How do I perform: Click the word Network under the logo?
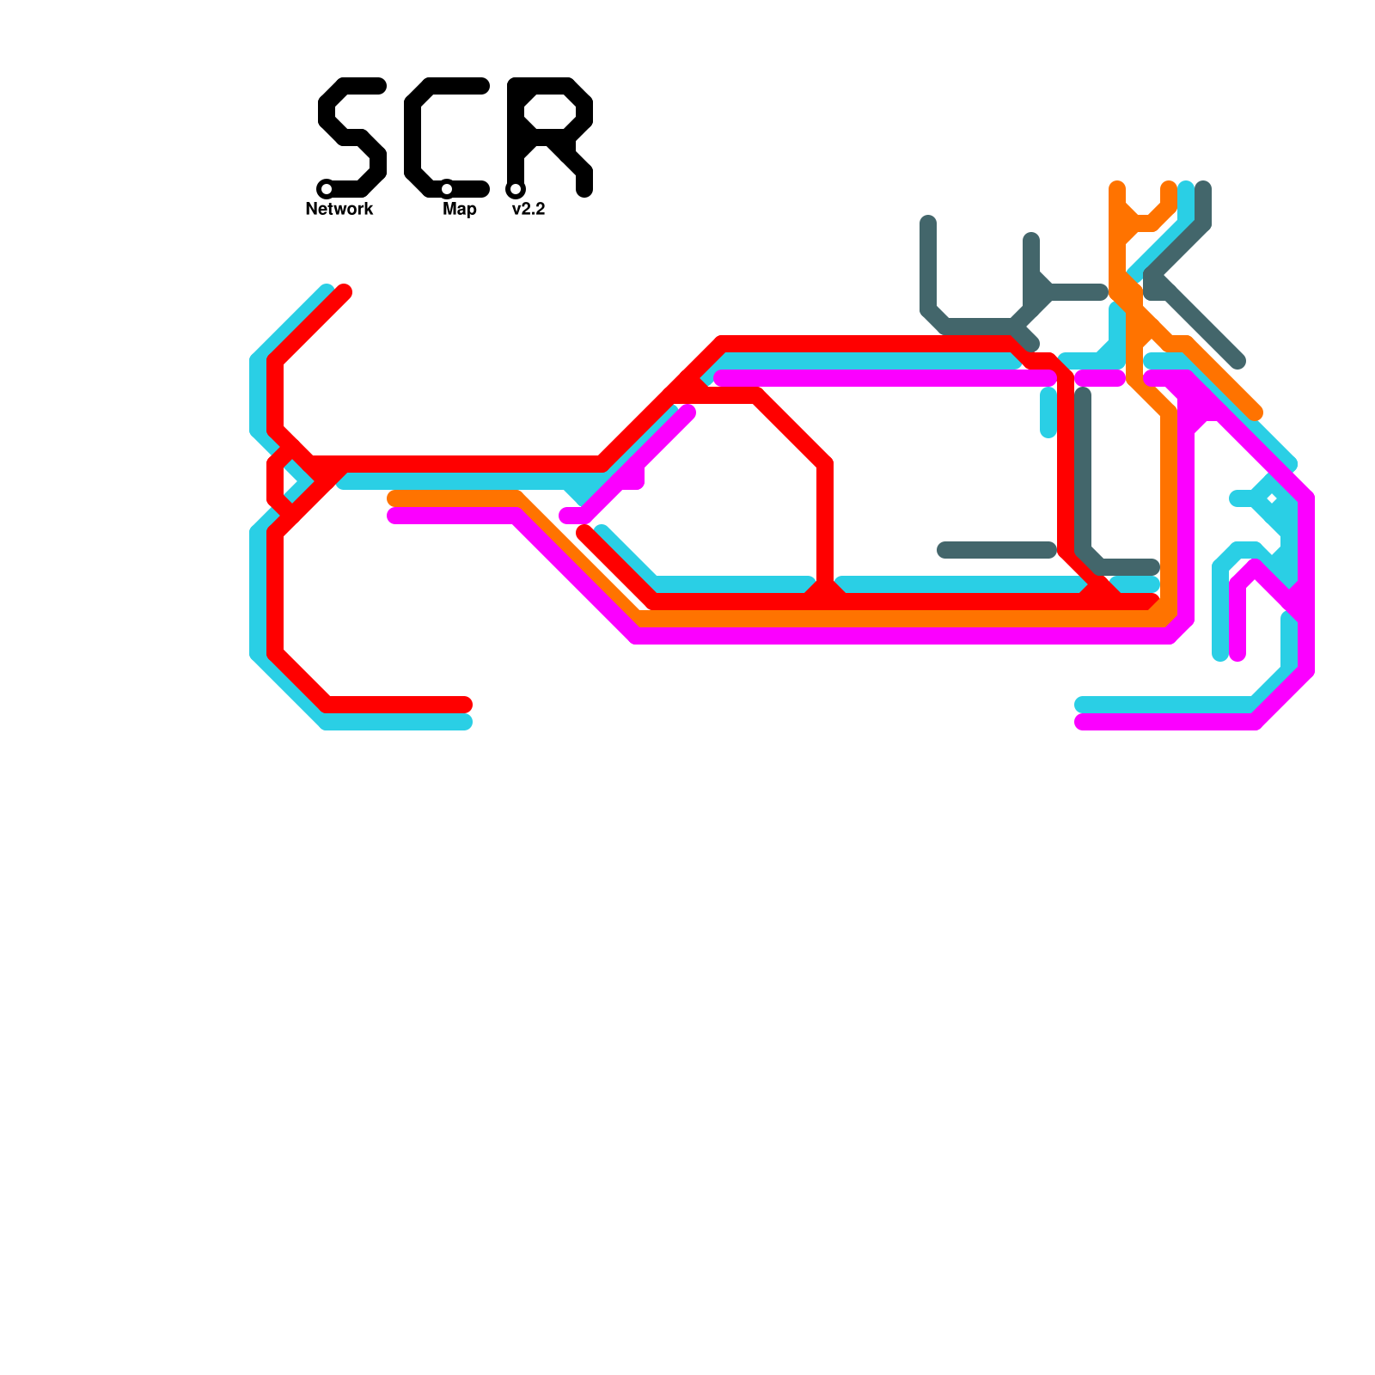pos(339,209)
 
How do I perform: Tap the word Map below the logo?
pos(460,209)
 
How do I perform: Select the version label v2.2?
pos(528,209)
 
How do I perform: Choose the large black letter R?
pos(550,137)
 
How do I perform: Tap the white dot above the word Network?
pos(327,189)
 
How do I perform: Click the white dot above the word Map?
pos(447,189)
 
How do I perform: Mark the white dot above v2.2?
pos(516,189)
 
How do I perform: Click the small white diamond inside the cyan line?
pos(1272,498)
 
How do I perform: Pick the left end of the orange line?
pos(394,498)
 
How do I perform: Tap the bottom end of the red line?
pos(465,705)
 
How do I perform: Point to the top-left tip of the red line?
pos(345,291)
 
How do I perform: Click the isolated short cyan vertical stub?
pos(1048,412)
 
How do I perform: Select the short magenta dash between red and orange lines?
pos(1100,378)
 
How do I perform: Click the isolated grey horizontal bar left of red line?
pos(997,550)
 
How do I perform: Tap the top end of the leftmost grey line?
pos(928,223)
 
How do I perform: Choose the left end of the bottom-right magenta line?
pos(1082,722)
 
